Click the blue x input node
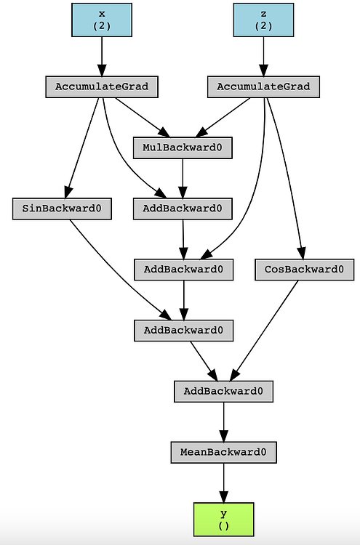(101, 20)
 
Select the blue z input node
(263, 20)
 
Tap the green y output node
(223, 519)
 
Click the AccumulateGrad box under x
(101, 86)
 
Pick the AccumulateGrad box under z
(263, 86)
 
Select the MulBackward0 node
(182, 148)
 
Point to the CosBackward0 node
(305, 270)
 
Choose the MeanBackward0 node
(223, 452)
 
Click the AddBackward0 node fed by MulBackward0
(183, 209)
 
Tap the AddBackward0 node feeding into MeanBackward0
(223, 391)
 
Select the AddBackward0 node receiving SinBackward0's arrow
(183, 331)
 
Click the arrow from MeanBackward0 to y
(223, 483)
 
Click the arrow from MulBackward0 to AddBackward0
(182, 178)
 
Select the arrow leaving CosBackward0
(265, 331)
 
